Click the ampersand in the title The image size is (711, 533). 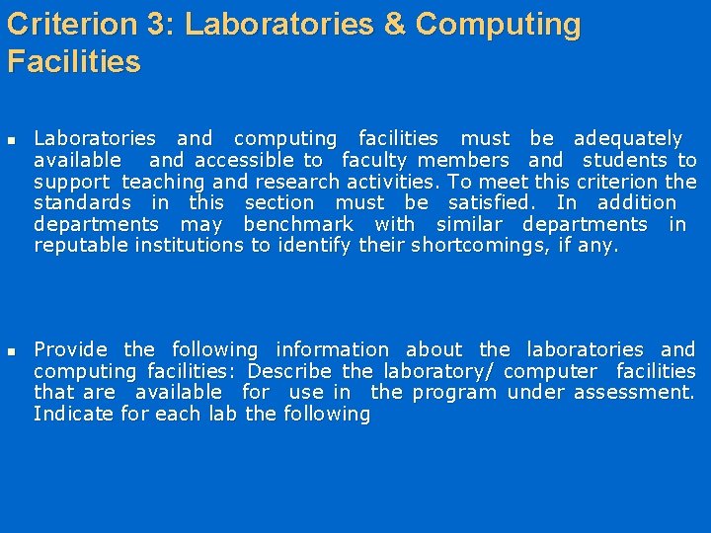tap(394, 25)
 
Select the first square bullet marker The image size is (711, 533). tap(13, 140)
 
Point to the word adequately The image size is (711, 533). tap(628, 139)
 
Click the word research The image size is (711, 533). tap(297, 182)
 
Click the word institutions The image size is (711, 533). tap(188, 246)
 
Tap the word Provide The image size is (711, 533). tap(71, 349)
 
